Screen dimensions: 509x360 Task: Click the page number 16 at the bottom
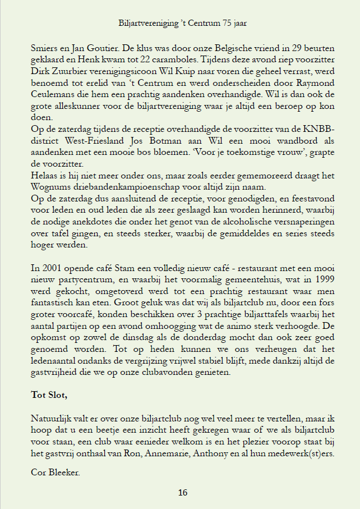[x=183, y=493]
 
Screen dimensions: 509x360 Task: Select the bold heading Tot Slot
[x=49, y=395]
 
